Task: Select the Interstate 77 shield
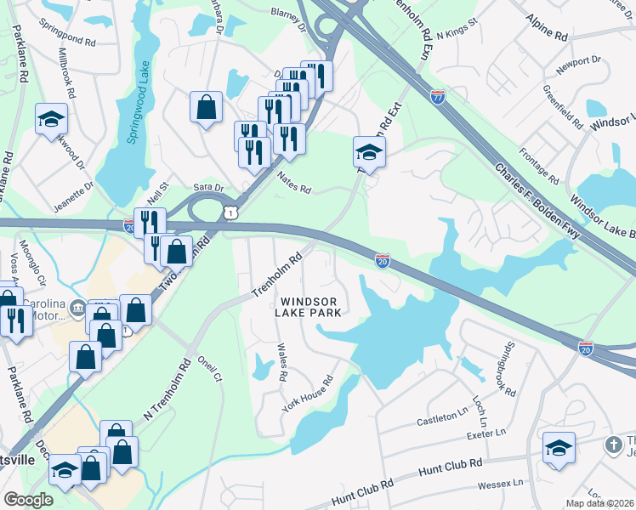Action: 438,98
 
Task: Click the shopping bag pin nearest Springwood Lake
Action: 206,108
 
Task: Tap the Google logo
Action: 28,499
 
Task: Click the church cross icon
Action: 612,445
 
